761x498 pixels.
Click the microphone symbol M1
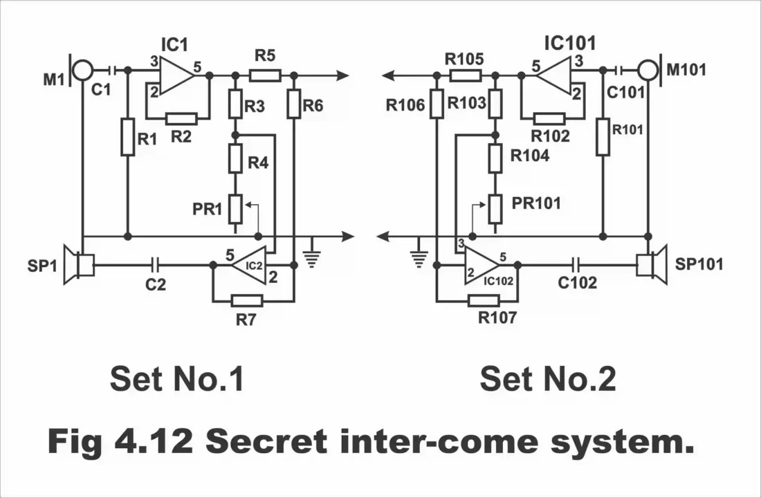click(82, 70)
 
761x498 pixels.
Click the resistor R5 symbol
click(264, 75)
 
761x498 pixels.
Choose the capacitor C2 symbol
click(156, 264)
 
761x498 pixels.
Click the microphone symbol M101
click(648, 70)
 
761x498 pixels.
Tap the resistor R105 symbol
click(465, 75)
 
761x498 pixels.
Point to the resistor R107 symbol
click(483, 300)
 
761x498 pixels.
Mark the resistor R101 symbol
click(603, 136)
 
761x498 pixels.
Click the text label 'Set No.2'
click(547, 379)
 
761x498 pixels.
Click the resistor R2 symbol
click(181, 118)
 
